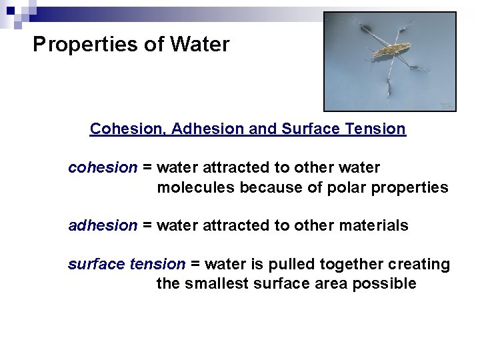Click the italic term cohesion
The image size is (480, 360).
(x=102, y=167)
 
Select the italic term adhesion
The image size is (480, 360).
(x=102, y=226)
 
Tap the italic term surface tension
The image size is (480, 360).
(x=127, y=265)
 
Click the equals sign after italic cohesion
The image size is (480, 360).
(x=147, y=167)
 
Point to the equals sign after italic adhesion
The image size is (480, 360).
(x=147, y=226)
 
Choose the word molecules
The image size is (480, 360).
(x=195, y=187)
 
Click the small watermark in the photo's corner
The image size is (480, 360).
(x=445, y=105)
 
